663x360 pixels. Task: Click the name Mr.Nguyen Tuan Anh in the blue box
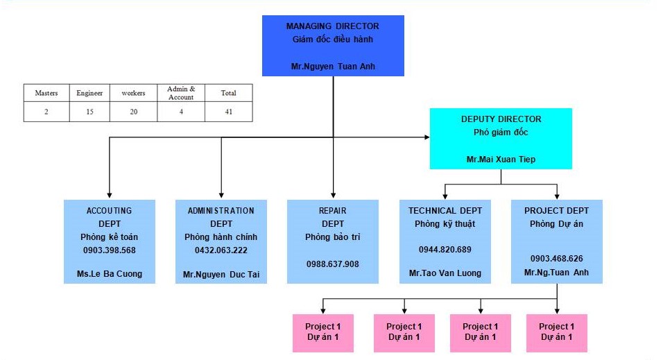[x=333, y=67]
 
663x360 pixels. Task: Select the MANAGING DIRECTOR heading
[x=333, y=26]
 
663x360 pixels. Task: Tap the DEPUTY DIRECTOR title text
[x=501, y=119]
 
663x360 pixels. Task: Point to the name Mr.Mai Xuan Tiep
[x=501, y=160]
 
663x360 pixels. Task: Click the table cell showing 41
[x=228, y=111]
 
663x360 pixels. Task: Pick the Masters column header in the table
[x=46, y=93]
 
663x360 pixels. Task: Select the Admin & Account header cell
[x=182, y=93]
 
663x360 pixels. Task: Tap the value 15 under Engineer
[x=90, y=111]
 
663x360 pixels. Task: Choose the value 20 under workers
[x=134, y=111]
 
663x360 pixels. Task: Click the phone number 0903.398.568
[x=110, y=250]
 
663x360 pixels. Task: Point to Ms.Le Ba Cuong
[x=110, y=273]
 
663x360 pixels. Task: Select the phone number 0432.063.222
[x=221, y=250]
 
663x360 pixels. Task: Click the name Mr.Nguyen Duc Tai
[x=221, y=275]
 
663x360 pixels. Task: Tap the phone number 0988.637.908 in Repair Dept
[x=333, y=264]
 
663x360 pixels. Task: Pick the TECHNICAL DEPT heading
[x=445, y=210]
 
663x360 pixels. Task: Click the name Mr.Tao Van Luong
[x=445, y=273]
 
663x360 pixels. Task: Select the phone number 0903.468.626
[x=557, y=258]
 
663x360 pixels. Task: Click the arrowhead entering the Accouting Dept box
[x=110, y=196]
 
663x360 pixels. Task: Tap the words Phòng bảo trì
[x=333, y=237]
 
